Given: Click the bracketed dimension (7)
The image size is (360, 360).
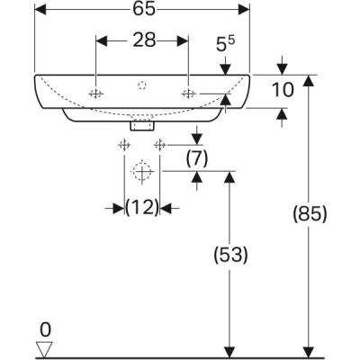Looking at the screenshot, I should [197, 158].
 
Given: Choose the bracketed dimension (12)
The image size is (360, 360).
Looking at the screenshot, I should [141, 207].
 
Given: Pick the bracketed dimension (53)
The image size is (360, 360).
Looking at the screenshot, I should [232, 255].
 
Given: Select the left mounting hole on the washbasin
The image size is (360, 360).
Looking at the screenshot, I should [96, 94].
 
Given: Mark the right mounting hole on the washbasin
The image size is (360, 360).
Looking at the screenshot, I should [188, 94].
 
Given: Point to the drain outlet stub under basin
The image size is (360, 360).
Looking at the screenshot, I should [139, 126].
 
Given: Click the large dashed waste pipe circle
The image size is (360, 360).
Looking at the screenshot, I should [141, 171].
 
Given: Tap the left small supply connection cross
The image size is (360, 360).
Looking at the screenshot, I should [122, 145].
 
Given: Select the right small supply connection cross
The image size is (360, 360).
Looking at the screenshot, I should [160, 145].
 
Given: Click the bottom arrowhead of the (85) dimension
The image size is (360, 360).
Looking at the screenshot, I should [310, 351].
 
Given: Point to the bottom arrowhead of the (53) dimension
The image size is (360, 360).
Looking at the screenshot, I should [231, 351].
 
